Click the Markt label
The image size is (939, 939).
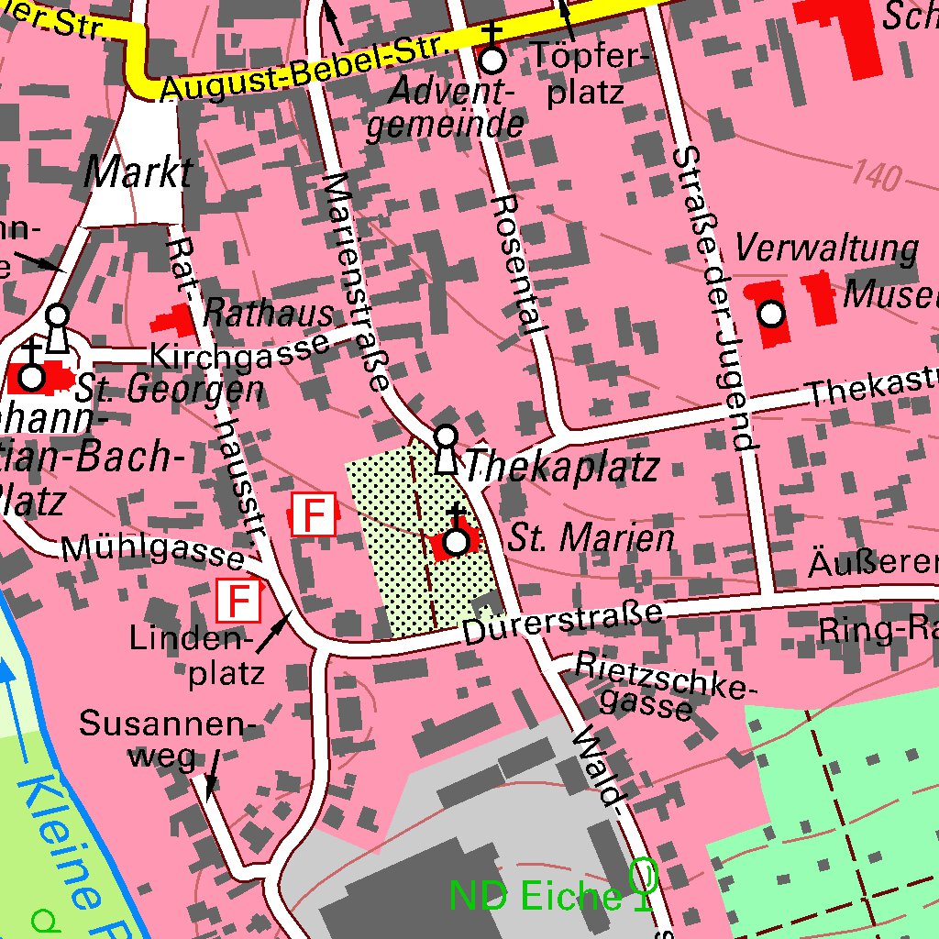pos(138,172)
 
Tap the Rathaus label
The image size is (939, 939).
pos(268,314)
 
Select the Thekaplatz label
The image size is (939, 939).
pos(562,468)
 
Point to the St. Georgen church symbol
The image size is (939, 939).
pos(32,377)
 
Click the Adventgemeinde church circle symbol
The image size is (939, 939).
pos(493,61)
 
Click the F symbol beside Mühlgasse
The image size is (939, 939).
pos(238,602)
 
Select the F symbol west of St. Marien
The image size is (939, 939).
pos(314,514)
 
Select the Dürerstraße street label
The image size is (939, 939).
pos(561,623)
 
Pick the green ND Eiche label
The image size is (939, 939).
pos(535,896)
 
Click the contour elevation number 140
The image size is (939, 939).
pos(875,173)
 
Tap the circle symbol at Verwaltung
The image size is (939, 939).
pos(771,315)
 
